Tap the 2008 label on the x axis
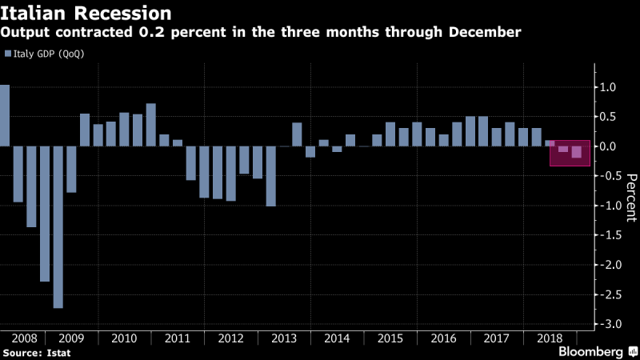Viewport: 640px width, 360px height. coord(23,338)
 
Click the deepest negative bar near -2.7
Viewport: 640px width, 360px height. coord(58,227)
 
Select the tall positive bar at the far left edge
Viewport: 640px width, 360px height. coord(4,115)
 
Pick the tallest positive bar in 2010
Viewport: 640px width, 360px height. coord(151,125)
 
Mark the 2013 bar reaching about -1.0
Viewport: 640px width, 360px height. coord(270,176)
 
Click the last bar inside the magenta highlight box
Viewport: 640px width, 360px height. coord(577,152)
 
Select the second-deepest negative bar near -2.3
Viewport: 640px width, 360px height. coord(45,214)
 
